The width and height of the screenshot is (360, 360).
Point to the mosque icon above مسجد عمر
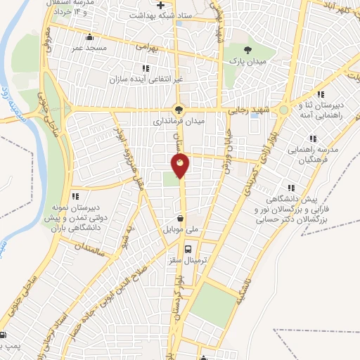pos(88,37)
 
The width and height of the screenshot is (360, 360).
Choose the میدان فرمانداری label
pos(179,121)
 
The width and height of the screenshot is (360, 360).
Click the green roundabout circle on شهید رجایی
pos(283,110)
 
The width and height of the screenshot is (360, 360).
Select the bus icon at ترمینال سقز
pos(188,248)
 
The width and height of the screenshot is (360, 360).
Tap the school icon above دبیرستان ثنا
pos(321,94)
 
